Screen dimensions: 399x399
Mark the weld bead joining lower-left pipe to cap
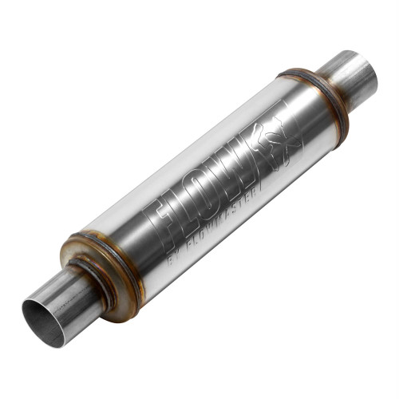[93, 280]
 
